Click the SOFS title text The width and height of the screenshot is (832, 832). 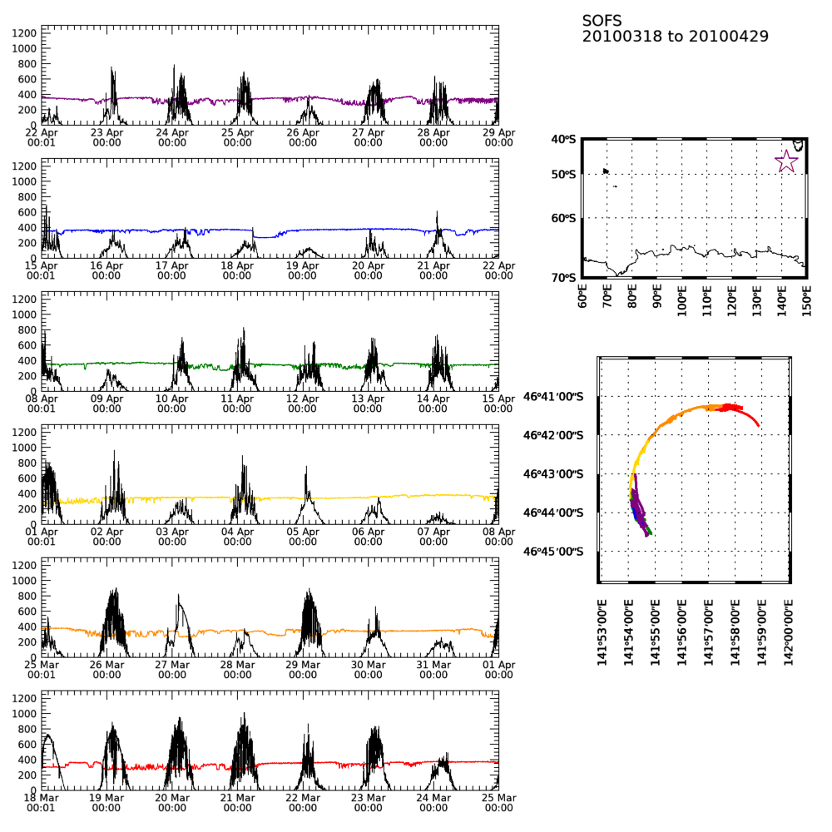(x=602, y=21)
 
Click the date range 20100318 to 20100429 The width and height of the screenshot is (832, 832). (x=675, y=37)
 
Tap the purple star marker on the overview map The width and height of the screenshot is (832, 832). (x=786, y=161)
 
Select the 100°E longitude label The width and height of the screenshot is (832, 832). (x=682, y=295)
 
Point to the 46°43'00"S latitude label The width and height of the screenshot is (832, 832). (x=552, y=474)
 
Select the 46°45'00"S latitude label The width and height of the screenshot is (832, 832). (x=552, y=552)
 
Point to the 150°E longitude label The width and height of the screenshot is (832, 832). (x=807, y=295)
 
